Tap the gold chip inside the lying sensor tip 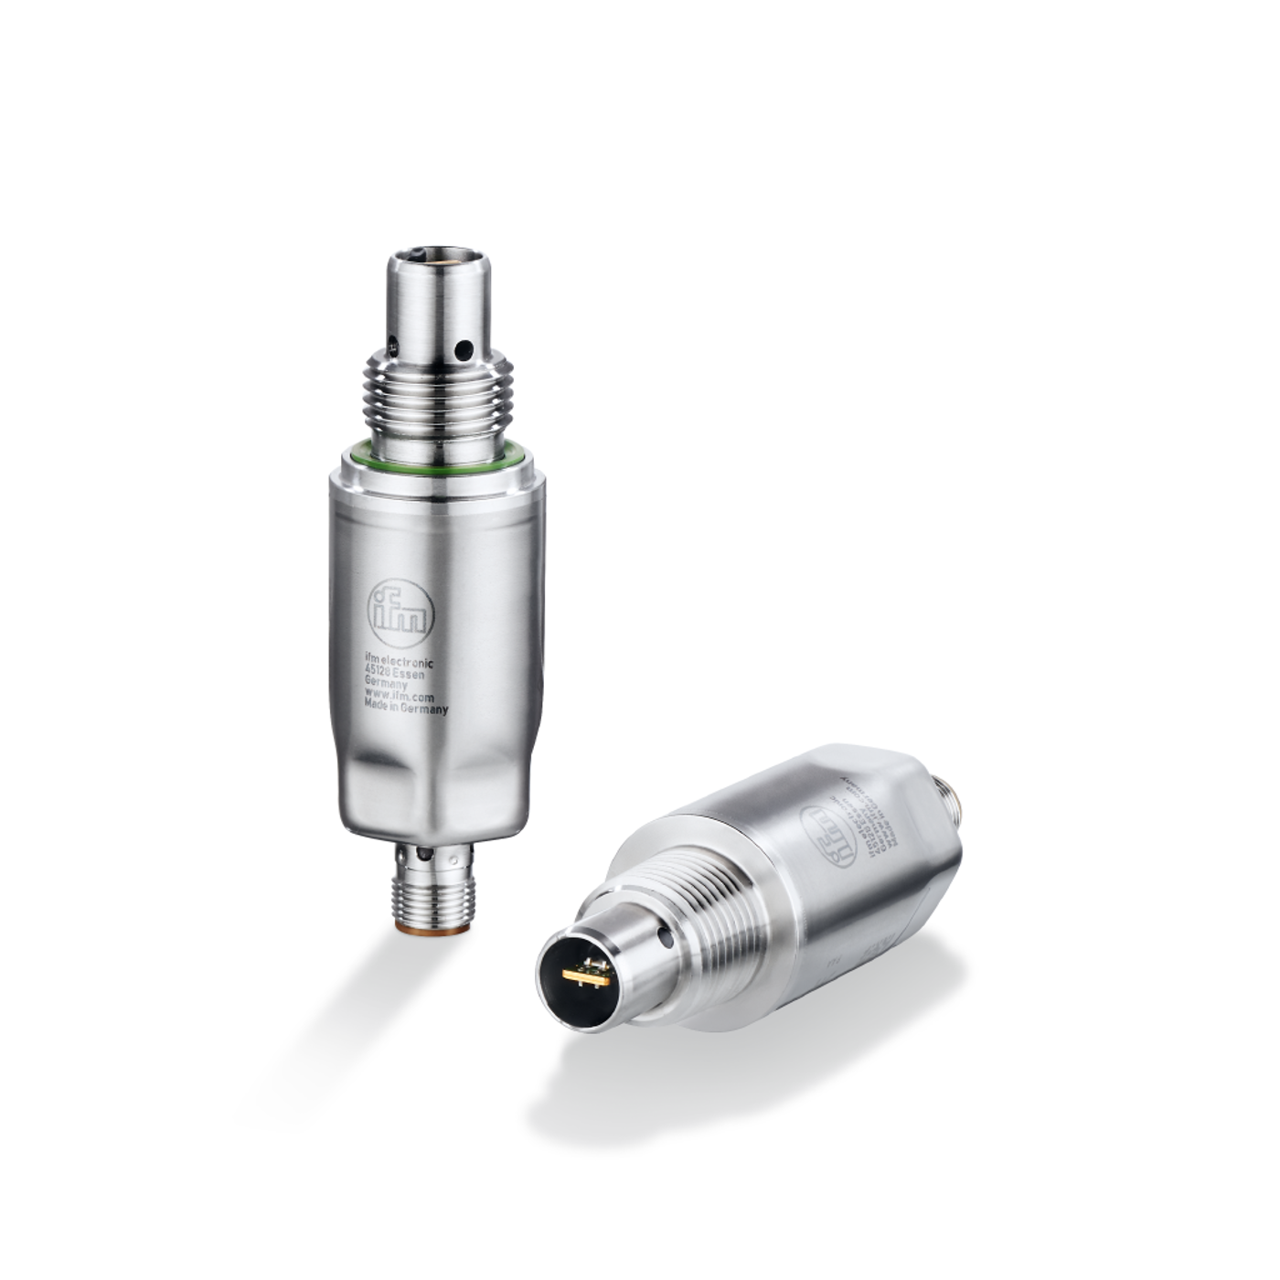pos(587,976)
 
